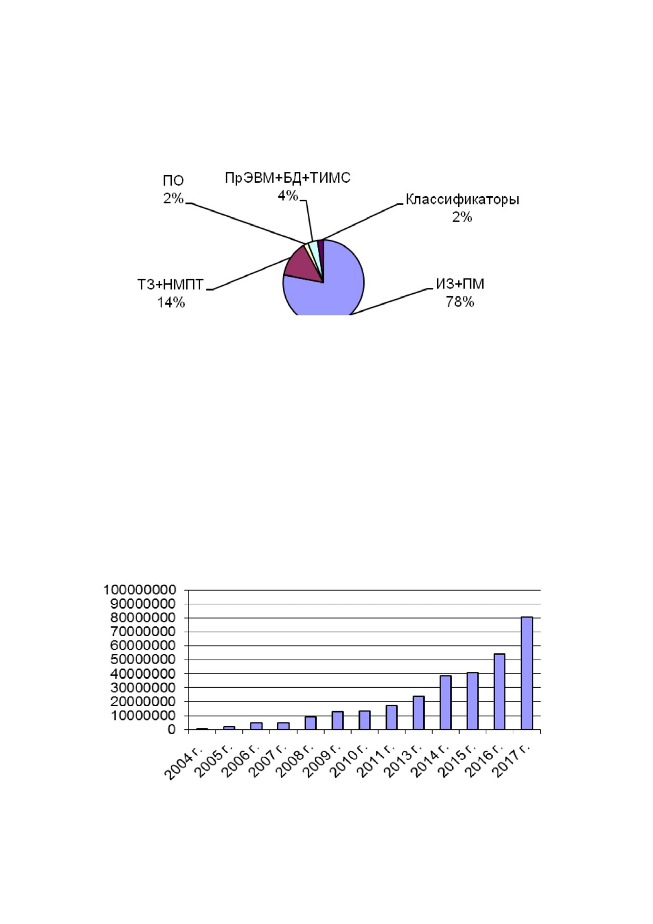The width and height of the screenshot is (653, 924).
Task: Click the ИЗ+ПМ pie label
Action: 460,284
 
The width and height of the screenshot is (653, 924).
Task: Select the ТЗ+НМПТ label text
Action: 170,285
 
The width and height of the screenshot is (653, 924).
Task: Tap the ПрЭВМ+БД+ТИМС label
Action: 288,178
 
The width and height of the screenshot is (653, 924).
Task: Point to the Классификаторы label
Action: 462,200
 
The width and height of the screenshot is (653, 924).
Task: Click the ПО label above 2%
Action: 173,181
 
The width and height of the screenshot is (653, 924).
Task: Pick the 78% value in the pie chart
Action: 460,302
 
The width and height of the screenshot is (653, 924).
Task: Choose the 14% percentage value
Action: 171,303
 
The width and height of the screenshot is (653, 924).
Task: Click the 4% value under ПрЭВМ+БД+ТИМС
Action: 288,196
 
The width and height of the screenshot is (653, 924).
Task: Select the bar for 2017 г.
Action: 527,673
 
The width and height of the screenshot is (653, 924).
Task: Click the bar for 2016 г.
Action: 499,692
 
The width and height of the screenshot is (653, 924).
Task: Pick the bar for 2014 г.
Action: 445,702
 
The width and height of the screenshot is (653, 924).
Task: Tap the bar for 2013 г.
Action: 418,713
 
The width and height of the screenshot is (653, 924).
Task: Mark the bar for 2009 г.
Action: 337,720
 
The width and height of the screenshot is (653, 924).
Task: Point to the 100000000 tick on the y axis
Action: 140,590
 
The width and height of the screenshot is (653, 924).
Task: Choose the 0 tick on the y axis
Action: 172,730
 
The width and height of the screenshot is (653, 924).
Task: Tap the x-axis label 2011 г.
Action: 374,762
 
